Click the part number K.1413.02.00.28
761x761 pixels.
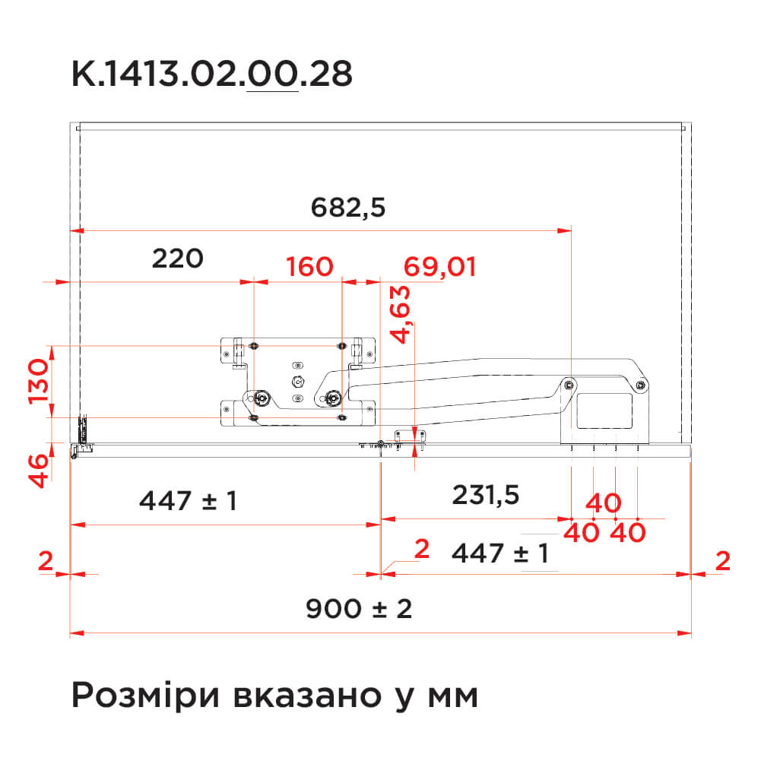pyautogui.click(x=212, y=75)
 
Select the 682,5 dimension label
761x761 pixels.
pyautogui.click(x=348, y=208)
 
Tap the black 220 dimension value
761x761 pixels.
pyautogui.click(x=178, y=258)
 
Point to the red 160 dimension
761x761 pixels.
pyautogui.click(x=309, y=266)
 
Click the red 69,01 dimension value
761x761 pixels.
pyautogui.click(x=439, y=268)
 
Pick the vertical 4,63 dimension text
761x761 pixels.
pyautogui.click(x=401, y=315)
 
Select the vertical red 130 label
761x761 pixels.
pyautogui.click(x=39, y=382)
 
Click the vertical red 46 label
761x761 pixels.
pyautogui.click(x=39, y=471)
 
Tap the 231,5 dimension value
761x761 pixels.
pyautogui.click(x=486, y=496)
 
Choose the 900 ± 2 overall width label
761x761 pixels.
pyautogui.click(x=359, y=609)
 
